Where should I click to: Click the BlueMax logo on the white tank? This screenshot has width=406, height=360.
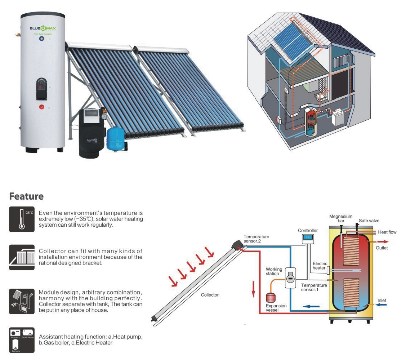[43, 28]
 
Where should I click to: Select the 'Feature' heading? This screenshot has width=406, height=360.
[26, 196]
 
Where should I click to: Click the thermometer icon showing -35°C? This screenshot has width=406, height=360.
[22, 219]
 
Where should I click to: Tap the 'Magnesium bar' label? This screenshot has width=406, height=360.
[340, 219]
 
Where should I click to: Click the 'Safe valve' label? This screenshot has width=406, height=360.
[369, 221]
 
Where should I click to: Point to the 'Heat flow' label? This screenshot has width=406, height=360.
[387, 232]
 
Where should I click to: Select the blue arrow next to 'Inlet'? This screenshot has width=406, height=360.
[382, 305]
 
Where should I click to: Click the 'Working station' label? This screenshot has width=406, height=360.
[274, 271]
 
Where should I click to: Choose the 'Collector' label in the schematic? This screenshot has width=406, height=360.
[210, 295]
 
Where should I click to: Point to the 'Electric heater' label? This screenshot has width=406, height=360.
[320, 266]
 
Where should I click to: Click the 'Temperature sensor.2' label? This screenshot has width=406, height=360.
[256, 239]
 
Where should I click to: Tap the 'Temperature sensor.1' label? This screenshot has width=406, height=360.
[314, 287]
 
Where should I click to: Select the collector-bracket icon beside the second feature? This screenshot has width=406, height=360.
[22, 257]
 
